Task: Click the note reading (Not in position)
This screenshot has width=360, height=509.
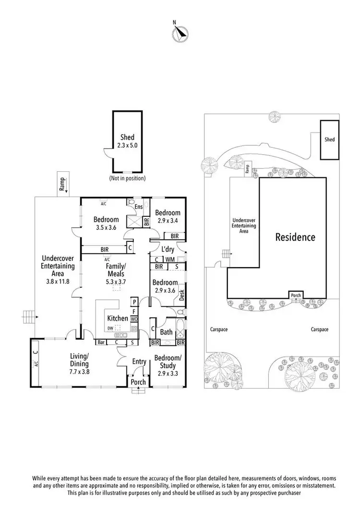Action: [x=127, y=178]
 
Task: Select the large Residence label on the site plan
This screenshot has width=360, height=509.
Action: [x=295, y=237]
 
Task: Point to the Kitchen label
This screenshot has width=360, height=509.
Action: [x=118, y=318]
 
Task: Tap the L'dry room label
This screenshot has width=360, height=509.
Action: [x=167, y=249]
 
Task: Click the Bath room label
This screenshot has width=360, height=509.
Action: [x=167, y=332]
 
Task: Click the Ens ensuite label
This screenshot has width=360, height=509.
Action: [x=139, y=207]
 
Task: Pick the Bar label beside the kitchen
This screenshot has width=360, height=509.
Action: [x=101, y=343]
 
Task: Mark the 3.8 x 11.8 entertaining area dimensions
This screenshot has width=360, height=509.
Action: [x=57, y=281]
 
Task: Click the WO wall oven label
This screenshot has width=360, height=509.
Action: [x=134, y=319]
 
